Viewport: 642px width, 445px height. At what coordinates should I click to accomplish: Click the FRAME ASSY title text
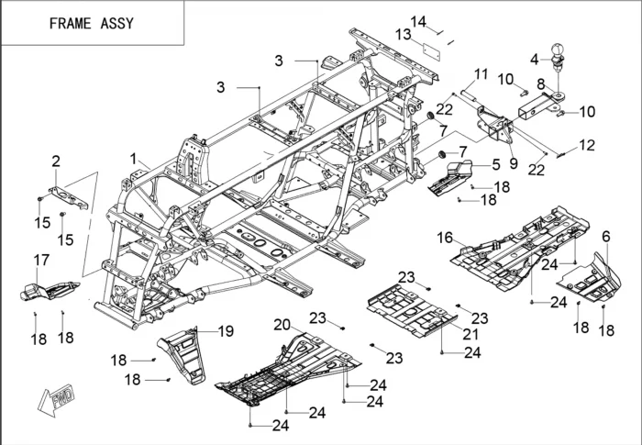pyautogui.click(x=91, y=23)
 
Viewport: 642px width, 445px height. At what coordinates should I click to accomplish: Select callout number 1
pyautogui.click(x=134, y=158)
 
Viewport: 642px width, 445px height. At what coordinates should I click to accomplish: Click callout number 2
pyautogui.click(x=56, y=161)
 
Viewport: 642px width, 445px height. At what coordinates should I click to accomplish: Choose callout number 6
pyautogui.click(x=605, y=236)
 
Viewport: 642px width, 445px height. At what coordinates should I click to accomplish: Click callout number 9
pyautogui.click(x=513, y=163)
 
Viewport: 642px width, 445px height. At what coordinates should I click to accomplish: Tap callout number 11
pyautogui.click(x=481, y=73)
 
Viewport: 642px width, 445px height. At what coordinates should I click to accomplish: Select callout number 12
pyautogui.click(x=587, y=145)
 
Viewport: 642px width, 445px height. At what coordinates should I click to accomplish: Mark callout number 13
pyautogui.click(x=403, y=34)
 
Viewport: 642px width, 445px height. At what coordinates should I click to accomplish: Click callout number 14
pyautogui.click(x=418, y=20)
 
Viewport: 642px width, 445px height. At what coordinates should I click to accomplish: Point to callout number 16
pyautogui.click(x=444, y=237)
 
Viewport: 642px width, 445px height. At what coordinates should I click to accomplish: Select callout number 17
pyautogui.click(x=40, y=260)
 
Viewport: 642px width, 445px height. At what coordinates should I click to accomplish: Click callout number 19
pyautogui.click(x=226, y=330)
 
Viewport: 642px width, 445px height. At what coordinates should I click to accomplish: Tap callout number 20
pyautogui.click(x=282, y=323)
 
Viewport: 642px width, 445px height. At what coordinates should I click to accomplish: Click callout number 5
pyautogui.click(x=495, y=165)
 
